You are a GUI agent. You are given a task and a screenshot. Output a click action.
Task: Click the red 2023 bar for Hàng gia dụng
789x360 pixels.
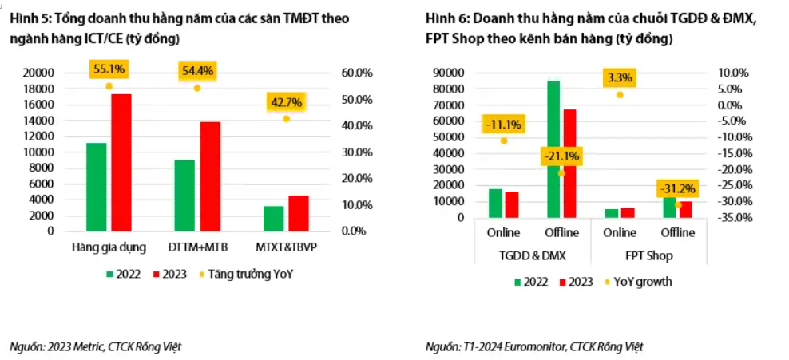[x=121, y=162]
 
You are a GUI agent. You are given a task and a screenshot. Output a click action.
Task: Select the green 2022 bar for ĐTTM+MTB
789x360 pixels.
[x=184, y=196]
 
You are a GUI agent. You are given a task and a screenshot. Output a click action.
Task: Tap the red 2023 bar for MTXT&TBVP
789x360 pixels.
[x=298, y=213]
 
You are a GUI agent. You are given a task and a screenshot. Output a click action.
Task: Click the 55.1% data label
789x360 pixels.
[x=109, y=69]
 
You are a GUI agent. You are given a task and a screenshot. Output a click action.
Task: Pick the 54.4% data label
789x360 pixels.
[x=197, y=71]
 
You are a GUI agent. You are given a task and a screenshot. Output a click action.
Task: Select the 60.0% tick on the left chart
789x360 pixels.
[x=357, y=73]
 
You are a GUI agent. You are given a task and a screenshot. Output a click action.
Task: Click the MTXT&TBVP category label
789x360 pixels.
[x=287, y=247]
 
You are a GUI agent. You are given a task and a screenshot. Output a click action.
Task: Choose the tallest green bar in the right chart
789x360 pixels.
[x=553, y=148]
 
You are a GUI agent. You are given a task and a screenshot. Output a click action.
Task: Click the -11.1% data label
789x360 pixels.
[x=503, y=124]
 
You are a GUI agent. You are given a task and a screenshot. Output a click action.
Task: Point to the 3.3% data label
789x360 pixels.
[x=620, y=77]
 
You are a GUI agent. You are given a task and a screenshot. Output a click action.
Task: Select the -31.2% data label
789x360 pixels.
[x=677, y=189]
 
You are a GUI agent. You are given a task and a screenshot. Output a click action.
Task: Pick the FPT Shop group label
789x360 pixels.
[x=648, y=256]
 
